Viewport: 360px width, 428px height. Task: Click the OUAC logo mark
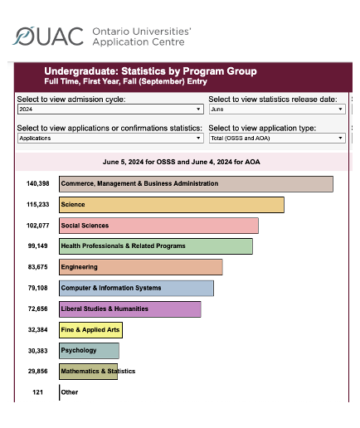click(x=23, y=36)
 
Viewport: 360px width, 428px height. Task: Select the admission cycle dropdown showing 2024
click(x=110, y=109)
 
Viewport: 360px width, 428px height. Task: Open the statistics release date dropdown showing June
click(x=277, y=109)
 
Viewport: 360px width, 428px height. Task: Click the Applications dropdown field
click(x=110, y=138)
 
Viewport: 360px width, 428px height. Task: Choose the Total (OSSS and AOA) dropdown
click(x=277, y=138)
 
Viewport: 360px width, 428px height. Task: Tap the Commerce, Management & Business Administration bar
click(x=196, y=184)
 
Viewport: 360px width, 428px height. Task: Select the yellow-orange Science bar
click(x=172, y=205)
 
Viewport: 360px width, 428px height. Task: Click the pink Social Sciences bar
click(x=158, y=226)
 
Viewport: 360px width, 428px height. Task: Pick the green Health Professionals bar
click(x=156, y=246)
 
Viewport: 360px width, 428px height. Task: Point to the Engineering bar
click(x=141, y=267)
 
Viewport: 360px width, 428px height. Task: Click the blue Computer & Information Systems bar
click(x=136, y=288)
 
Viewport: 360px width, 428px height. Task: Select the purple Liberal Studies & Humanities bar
click(x=130, y=309)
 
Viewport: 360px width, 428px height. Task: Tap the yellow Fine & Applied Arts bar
click(x=90, y=330)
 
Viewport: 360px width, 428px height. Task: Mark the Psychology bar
click(x=89, y=351)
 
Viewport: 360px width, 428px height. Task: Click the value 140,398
click(x=38, y=183)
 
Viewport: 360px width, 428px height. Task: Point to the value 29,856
click(x=37, y=371)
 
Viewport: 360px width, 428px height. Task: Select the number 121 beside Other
click(x=37, y=392)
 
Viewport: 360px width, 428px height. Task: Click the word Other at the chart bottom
click(x=70, y=392)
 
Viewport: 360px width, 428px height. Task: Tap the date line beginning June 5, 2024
click(x=182, y=162)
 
